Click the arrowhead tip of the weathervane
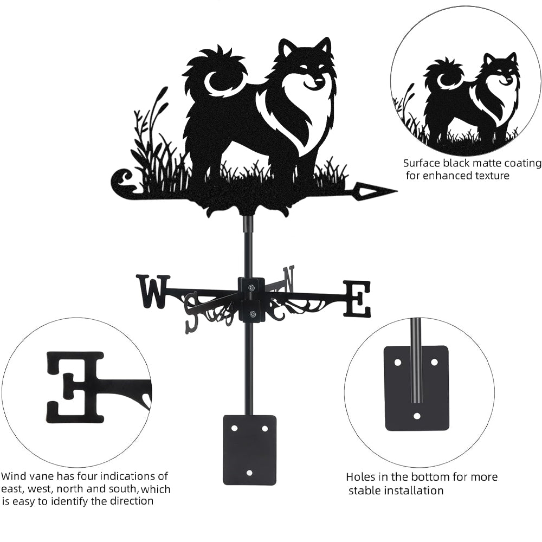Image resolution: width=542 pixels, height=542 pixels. click(397, 190)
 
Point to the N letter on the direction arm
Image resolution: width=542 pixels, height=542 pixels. click(288, 278)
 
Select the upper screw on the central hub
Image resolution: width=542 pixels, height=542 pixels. click(251, 287)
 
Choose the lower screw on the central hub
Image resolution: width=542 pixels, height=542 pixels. click(251, 314)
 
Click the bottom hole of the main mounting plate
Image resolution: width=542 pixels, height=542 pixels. click(250, 472)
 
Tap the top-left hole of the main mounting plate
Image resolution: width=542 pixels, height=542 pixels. click(235, 428)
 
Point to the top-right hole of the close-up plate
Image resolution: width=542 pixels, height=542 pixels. click(435, 362)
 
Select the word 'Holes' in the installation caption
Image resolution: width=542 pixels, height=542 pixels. click(360, 478)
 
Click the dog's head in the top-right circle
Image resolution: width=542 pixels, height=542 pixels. click(501, 69)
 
